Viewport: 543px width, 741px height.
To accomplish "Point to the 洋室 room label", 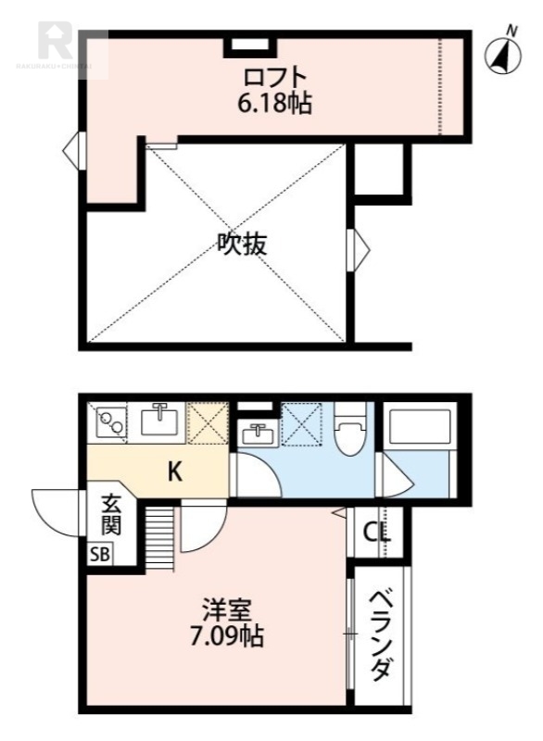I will (226, 610).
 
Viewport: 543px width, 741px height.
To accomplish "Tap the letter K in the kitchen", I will (174, 473).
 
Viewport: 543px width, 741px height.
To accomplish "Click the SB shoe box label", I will (98, 555).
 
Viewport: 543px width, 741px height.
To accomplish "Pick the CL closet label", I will (376, 533).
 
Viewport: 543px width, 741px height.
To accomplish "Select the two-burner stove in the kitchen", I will (112, 424).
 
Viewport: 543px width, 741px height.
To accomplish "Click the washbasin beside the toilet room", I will (254, 433).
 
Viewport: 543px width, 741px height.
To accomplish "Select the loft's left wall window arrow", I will (72, 147).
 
